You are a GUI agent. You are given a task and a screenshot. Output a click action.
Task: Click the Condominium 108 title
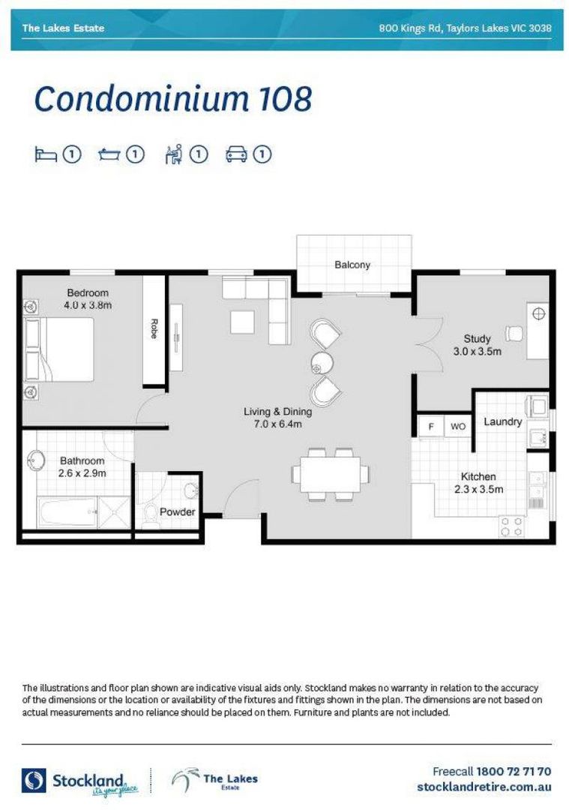point(172,99)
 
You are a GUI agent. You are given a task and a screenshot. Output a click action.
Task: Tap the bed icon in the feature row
point(46,154)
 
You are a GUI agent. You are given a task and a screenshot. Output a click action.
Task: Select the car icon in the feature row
point(236,154)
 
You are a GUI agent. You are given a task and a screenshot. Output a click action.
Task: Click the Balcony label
point(352,265)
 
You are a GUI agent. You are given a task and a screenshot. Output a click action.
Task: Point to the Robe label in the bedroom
point(154,329)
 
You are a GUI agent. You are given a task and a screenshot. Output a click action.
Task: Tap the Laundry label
point(502,421)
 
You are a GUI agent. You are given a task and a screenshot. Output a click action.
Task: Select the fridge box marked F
point(430,427)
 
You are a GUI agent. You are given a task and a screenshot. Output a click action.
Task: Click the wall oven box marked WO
point(457,427)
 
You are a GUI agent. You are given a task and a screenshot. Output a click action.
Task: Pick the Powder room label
point(177,512)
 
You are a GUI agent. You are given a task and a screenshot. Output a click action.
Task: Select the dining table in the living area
point(330,474)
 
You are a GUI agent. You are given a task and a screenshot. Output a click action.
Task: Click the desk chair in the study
point(514,332)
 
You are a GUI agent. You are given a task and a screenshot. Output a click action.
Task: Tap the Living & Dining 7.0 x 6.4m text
point(277,418)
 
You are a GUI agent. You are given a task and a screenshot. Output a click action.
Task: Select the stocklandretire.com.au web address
point(484,787)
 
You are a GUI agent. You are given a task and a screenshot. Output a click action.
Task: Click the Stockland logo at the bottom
point(75,780)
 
